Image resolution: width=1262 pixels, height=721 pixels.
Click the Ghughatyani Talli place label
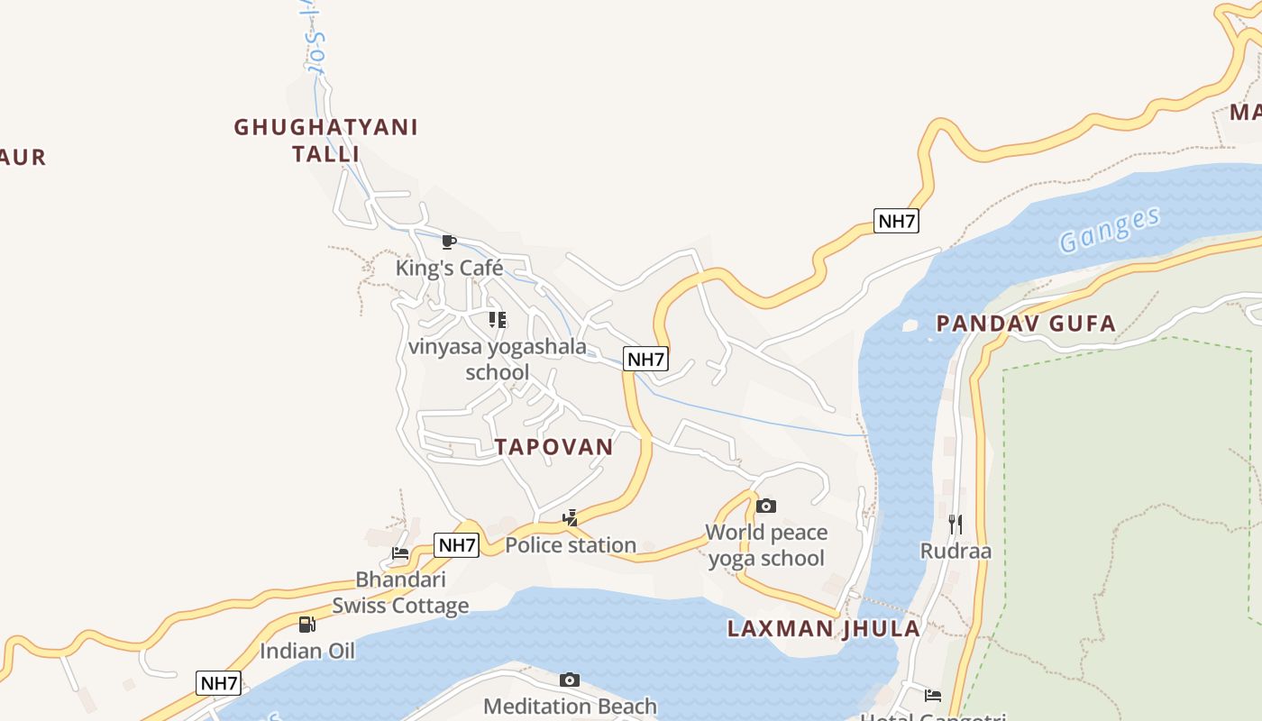(x=325, y=140)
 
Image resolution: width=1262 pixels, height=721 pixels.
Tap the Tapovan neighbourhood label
(x=553, y=447)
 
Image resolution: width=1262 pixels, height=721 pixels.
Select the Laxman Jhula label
(x=824, y=629)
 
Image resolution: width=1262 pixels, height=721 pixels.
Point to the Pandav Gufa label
(x=1026, y=324)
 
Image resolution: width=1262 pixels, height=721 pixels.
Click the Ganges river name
(x=1109, y=230)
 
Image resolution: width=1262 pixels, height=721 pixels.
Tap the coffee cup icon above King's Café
(x=449, y=242)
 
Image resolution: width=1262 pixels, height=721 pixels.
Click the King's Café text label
(x=449, y=268)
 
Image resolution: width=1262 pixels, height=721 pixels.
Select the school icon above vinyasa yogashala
(x=497, y=320)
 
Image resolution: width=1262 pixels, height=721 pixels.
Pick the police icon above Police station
(x=570, y=518)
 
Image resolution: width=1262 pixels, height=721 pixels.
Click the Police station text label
(x=571, y=545)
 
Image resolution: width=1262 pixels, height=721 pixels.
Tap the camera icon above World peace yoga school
(x=766, y=507)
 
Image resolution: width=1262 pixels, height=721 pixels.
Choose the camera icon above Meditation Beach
(x=570, y=680)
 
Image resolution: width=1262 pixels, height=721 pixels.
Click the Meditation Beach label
(x=570, y=707)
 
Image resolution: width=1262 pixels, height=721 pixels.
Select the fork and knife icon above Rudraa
(x=956, y=524)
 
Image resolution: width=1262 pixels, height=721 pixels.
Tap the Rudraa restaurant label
(x=956, y=551)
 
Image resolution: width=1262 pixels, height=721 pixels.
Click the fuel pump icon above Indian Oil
(x=307, y=624)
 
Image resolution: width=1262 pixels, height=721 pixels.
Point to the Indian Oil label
(x=307, y=651)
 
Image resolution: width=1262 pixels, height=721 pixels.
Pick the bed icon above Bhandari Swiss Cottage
(x=400, y=552)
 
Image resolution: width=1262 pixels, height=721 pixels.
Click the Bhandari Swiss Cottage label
(x=400, y=592)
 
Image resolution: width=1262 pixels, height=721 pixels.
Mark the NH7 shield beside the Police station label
(x=457, y=545)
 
